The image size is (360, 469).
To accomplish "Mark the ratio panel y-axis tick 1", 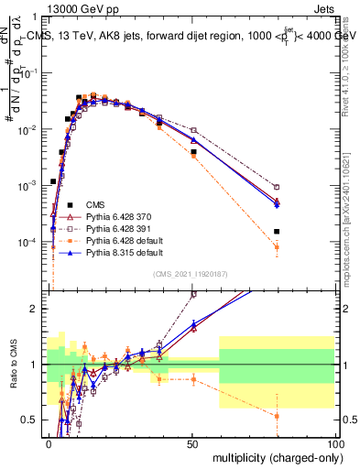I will click(x=38, y=365).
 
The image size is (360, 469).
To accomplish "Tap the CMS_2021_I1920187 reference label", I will click(x=192, y=273).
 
